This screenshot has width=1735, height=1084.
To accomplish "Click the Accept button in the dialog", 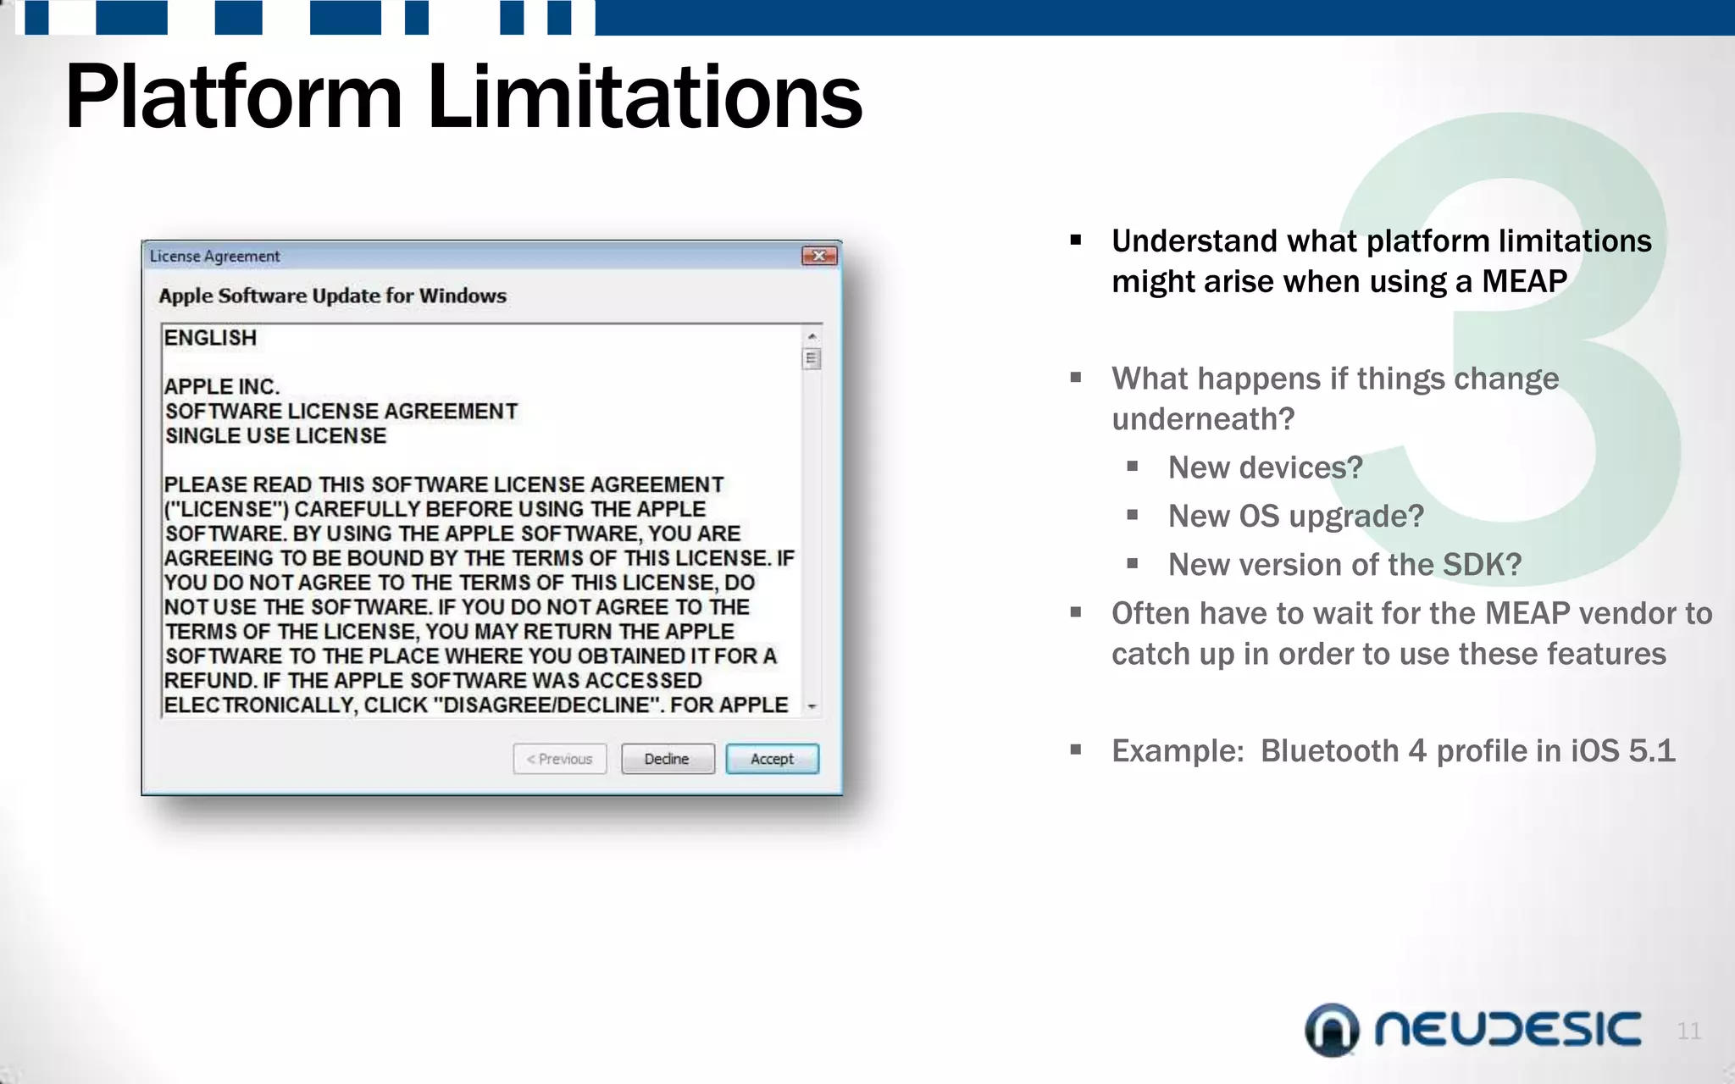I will pyautogui.click(x=772, y=759).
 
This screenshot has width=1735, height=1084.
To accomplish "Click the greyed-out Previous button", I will pyautogui.click(x=559, y=759).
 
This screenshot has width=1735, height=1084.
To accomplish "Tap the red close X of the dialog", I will pyautogui.click(x=819, y=256).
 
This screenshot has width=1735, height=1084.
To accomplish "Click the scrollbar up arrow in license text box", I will pyautogui.click(x=812, y=336).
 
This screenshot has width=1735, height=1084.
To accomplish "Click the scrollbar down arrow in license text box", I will pyautogui.click(x=812, y=706).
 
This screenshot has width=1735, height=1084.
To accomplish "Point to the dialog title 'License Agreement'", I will pyautogui.click(x=214, y=256).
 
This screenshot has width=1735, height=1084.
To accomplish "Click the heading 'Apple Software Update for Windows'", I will pyautogui.click(x=332, y=296).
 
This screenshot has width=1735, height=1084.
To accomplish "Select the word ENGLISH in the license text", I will pyautogui.click(x=210, y=338).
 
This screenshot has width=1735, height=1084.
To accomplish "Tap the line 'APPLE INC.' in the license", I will pyautogui.click(x=221, y=387).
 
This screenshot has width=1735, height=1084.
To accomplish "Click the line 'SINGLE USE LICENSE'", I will pyautogui.click(x=275, y=436).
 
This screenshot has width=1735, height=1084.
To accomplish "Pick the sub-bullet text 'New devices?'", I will pyautogui.click(x=1265, y=467).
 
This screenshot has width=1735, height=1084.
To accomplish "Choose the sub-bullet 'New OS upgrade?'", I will pyautogui.click(x=1295, y=516).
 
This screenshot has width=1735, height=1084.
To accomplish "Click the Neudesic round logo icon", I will pyautogui.click(x=1332, y=1030).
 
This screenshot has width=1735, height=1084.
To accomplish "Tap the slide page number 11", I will pyautogui.click(x=1688, y=1031).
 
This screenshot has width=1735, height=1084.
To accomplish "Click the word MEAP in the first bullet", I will pyautogui.click(x=1524, y=281).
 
